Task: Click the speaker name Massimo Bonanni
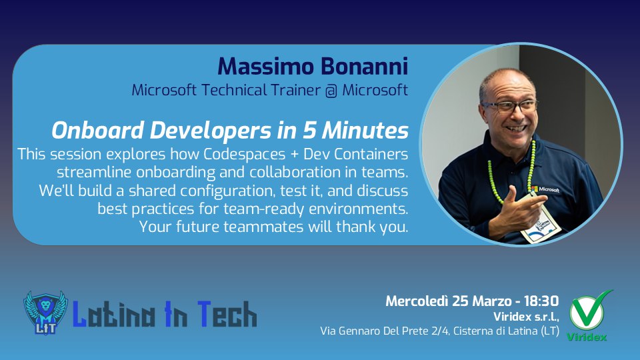coord(313,66)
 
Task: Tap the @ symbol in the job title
coord(328,90)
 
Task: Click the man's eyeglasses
coord(510,106)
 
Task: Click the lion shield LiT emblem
coord(45,313)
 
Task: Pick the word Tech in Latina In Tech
coord(224,314)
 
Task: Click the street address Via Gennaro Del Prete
coord(380,331)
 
